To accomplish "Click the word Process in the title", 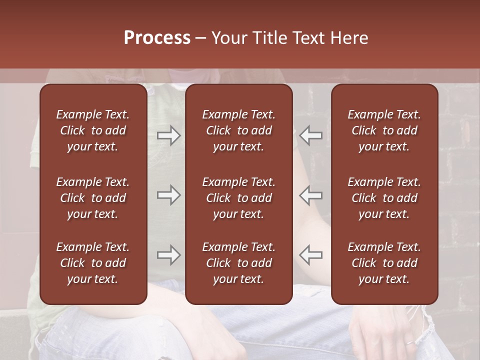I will click(157, 38).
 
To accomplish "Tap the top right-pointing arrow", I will click(168, 135).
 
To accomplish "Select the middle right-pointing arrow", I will click(168, 195).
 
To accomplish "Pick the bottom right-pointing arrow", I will click(168, 255).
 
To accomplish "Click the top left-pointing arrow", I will click(311, 135).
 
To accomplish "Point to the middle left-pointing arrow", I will click(311, 195).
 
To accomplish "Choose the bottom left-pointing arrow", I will click(311, 255).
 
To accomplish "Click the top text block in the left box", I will click(92, 130).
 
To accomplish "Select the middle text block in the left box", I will click(92, 198).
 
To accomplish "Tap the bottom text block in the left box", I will click(92, 263).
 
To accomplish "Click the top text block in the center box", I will click(238, 130).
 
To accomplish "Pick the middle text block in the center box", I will click(238, 198).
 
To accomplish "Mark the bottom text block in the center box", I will click(238, 263).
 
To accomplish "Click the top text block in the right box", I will click(384, 130).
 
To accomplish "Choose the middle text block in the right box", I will click(384, 198).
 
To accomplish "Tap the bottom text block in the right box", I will click(384, 263).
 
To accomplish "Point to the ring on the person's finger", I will click(408, 343).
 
